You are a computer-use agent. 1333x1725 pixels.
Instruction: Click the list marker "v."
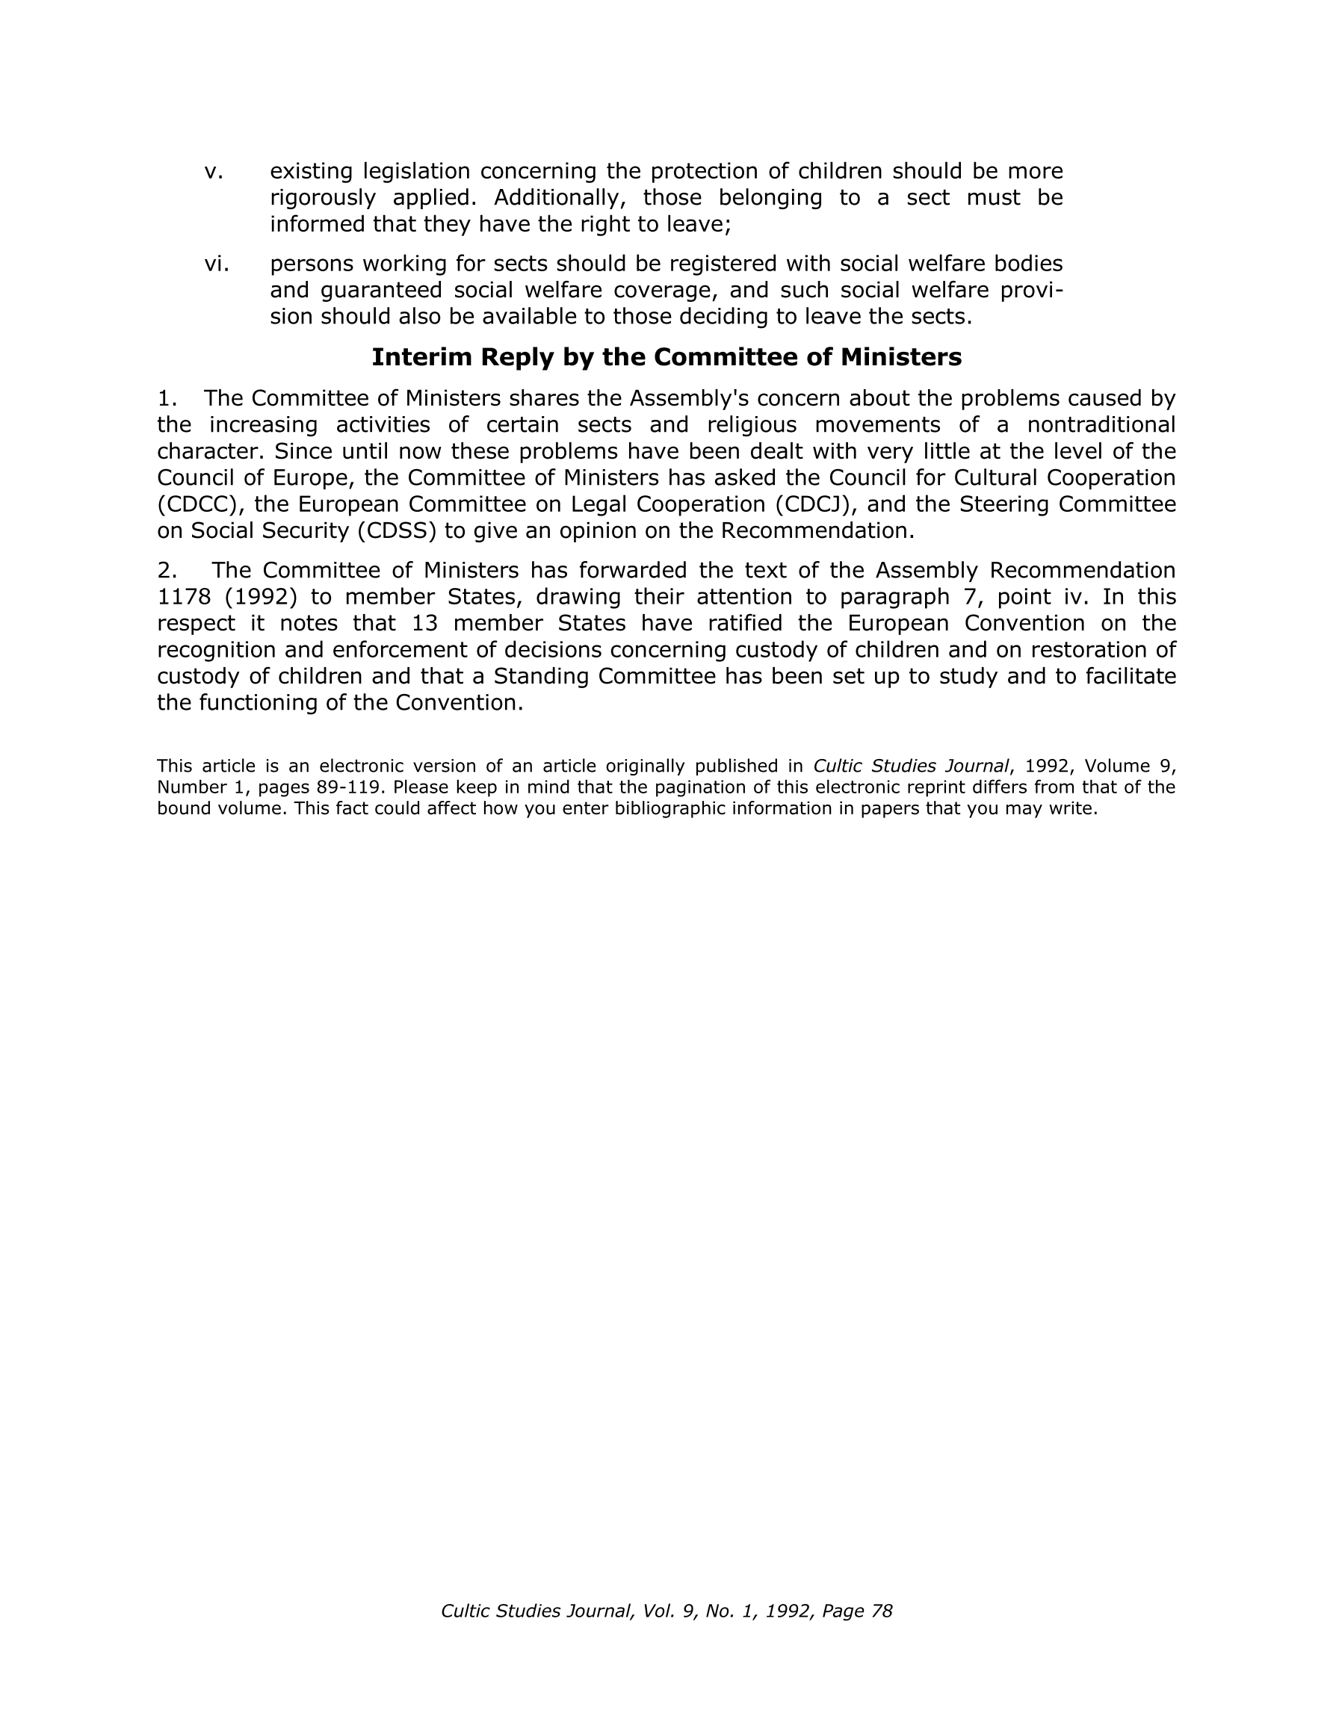[x=214, y=171]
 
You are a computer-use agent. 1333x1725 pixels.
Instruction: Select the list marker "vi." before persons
[x=217, y=264]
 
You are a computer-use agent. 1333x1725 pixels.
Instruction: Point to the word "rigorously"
[x=322, y=198]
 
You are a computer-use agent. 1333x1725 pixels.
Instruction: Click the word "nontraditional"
[x=1101, y=425]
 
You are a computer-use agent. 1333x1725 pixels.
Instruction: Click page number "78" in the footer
[x=881, y=1611]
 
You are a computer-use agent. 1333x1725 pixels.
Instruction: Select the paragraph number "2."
[x=167, y=570]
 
